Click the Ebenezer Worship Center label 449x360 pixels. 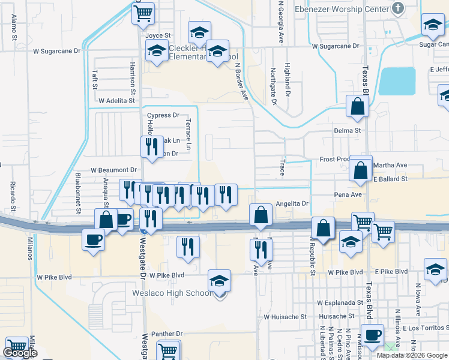pyautogui.click(x=342, y=9)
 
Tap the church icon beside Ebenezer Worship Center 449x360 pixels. pyautogui.click(x=397, y=8)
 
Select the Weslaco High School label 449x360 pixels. pyautogui.click(x=172, y=293)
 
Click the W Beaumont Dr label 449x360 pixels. pyautogui.click(x=114, y=170)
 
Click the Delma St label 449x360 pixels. pyautogui.click(x=348, y=130)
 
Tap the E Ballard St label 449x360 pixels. pyautogui.click(x=390, y=179)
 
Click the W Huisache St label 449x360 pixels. pyautogui.click(x=285, y=316)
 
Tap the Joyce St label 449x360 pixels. pyautogui.click(x=158, y=35)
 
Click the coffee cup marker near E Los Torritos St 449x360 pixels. pyautogui.click(x=372, y=335)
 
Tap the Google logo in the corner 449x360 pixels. pyautogui.click(x=20, y=353)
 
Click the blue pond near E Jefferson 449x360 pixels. pyautogui.click(x=397, y=81)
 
